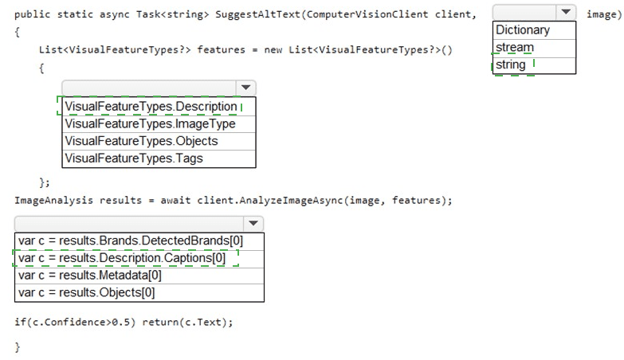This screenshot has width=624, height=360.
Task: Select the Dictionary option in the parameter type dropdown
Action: coord(523,29)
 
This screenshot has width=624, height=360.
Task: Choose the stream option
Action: coord(515,47)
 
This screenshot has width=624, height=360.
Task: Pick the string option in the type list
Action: coord(511,65)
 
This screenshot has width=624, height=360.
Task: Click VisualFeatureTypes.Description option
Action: coord(151,107)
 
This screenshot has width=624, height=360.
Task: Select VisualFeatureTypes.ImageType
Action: coord(150,123)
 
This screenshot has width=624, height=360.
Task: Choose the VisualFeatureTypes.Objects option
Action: coord(141,141)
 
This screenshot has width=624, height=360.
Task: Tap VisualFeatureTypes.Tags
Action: coord(134,158)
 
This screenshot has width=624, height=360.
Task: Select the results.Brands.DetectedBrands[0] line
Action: coord(131,241)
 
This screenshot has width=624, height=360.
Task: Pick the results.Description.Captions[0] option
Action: coord(122,258)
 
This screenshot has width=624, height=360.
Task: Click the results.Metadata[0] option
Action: coord(89,276)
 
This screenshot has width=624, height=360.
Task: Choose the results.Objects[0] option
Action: coord(86,293)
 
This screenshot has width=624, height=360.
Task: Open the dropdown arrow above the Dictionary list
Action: coord(566,12)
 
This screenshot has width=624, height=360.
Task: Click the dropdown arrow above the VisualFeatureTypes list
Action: coord(245,88)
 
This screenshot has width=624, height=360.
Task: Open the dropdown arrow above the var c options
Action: coord(253,224)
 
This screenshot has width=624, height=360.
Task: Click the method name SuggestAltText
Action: coord(258,14)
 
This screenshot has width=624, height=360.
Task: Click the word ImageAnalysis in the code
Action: coord(53,200)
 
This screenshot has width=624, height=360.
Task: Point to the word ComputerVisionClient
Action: coord(367,14)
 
